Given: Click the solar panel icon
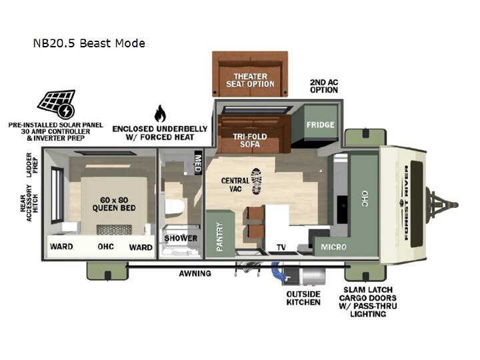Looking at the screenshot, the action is pos(57,104).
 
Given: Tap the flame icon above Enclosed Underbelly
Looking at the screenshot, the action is pos(160,113).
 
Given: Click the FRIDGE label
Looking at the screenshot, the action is pos(320,125).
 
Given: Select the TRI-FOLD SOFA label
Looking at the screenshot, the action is pos(250,141).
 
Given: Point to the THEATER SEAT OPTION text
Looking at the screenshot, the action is pos(250,80).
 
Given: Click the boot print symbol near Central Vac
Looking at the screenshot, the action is pos(256,181).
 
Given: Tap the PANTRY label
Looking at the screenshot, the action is pos(220,237).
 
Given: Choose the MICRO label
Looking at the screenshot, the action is pos(333,247).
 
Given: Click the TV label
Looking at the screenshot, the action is pos(281,247).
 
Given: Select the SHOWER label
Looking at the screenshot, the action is pos(181,238).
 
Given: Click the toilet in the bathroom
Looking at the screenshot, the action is pos(174,207).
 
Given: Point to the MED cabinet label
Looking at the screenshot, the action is pos(198,163).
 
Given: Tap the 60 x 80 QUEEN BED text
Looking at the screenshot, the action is pos(114,204).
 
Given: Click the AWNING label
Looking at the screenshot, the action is pos(195,273).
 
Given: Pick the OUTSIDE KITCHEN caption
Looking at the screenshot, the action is pos(303,298).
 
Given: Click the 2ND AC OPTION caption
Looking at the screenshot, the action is pos(324,86).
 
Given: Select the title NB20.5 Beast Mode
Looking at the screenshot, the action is pos(89,43).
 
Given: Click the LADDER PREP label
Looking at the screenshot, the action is pos(32,165).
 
